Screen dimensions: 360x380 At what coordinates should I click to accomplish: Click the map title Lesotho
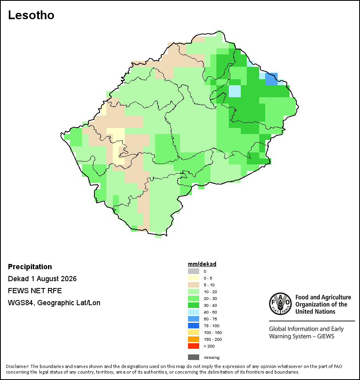point(31,15)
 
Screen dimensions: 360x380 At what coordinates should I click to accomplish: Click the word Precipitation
point(30,266)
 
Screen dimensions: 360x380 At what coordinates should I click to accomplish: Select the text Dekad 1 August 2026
point(42,279)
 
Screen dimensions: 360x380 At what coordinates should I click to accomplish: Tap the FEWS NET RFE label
point(35,290)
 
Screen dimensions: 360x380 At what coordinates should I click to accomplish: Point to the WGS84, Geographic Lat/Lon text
point(54,303)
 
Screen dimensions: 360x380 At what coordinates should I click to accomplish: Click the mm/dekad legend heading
point(202,264)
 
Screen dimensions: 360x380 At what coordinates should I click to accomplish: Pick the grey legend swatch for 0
point(194,271)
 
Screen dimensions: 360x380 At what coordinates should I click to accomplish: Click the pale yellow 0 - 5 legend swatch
point(194,278)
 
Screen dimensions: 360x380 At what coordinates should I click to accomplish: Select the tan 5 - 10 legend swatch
point(194,285)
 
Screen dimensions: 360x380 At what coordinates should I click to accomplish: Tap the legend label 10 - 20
point(210,292)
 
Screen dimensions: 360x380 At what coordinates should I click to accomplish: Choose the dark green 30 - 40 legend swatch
point(194,305)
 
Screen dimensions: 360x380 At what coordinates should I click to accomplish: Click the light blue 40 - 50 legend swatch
point(194,312)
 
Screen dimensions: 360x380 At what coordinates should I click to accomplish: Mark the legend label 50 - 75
point(210,319)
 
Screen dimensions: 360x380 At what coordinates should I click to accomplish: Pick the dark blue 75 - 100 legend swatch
point(194,326)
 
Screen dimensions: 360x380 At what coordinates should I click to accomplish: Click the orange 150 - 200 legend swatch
point(194,339)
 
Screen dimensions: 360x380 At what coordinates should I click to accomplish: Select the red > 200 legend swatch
point(194,346)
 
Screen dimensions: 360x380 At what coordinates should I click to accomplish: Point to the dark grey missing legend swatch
point(194,357)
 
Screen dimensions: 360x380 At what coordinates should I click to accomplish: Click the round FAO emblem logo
point(280,304)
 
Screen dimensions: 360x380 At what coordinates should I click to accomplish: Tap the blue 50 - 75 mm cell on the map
point(271,79)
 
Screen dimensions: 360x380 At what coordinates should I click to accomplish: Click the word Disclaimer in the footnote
point(18,366)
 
